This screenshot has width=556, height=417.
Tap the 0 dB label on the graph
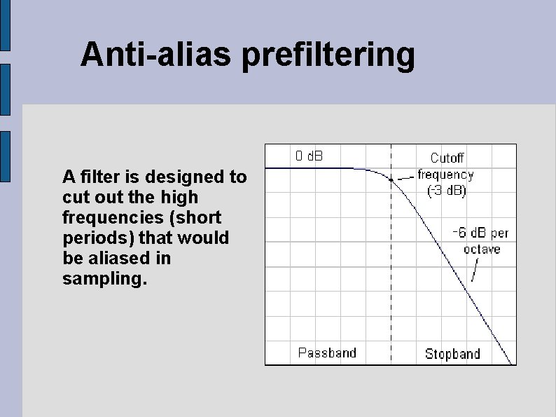coord(309,156)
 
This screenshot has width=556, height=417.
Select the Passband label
coord(327,353)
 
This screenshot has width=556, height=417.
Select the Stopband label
coord(452,354)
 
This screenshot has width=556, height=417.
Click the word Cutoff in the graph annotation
coord(447,159)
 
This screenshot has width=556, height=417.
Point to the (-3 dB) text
coord(447,190)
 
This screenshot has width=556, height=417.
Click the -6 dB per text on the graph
coord(481,233)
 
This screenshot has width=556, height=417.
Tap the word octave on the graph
coord(482,249)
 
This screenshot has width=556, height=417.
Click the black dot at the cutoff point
coord(391,179)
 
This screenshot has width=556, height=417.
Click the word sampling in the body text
coord(105,279)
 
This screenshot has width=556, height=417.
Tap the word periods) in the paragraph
coord(94,238)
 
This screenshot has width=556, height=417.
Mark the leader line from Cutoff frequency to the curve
coord(405,177)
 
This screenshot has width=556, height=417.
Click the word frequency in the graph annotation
coord(446,175)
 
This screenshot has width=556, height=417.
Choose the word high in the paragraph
coord(180,197)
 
